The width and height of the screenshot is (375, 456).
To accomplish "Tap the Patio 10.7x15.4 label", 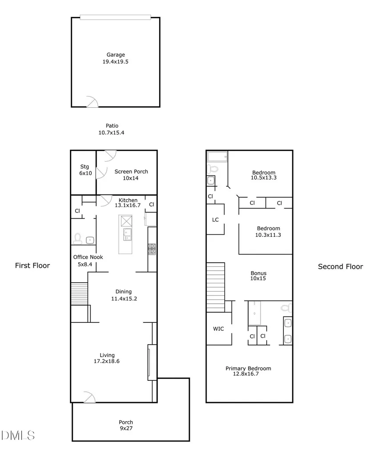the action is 112,129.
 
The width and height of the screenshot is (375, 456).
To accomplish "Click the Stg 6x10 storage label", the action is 85,170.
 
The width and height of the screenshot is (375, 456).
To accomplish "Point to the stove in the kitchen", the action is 152,249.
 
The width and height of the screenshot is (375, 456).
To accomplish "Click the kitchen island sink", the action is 128,234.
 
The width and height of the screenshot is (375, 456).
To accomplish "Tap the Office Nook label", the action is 88,257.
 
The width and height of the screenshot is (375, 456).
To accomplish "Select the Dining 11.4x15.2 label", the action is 124,295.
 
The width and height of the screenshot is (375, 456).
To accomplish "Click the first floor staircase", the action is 79,293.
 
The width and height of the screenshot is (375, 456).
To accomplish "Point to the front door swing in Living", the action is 90,397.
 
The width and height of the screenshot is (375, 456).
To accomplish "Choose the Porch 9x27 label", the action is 126,425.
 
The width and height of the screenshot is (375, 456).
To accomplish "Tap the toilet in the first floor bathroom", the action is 77,239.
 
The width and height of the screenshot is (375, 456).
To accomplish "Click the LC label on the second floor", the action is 215,220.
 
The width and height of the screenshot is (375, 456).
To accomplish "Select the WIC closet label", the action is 218,329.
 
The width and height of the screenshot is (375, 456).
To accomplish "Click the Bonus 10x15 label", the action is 258,276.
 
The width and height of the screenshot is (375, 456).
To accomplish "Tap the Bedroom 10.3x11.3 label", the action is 268,232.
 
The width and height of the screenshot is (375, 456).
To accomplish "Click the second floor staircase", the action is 216,287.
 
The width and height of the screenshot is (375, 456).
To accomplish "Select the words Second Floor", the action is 340,267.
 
